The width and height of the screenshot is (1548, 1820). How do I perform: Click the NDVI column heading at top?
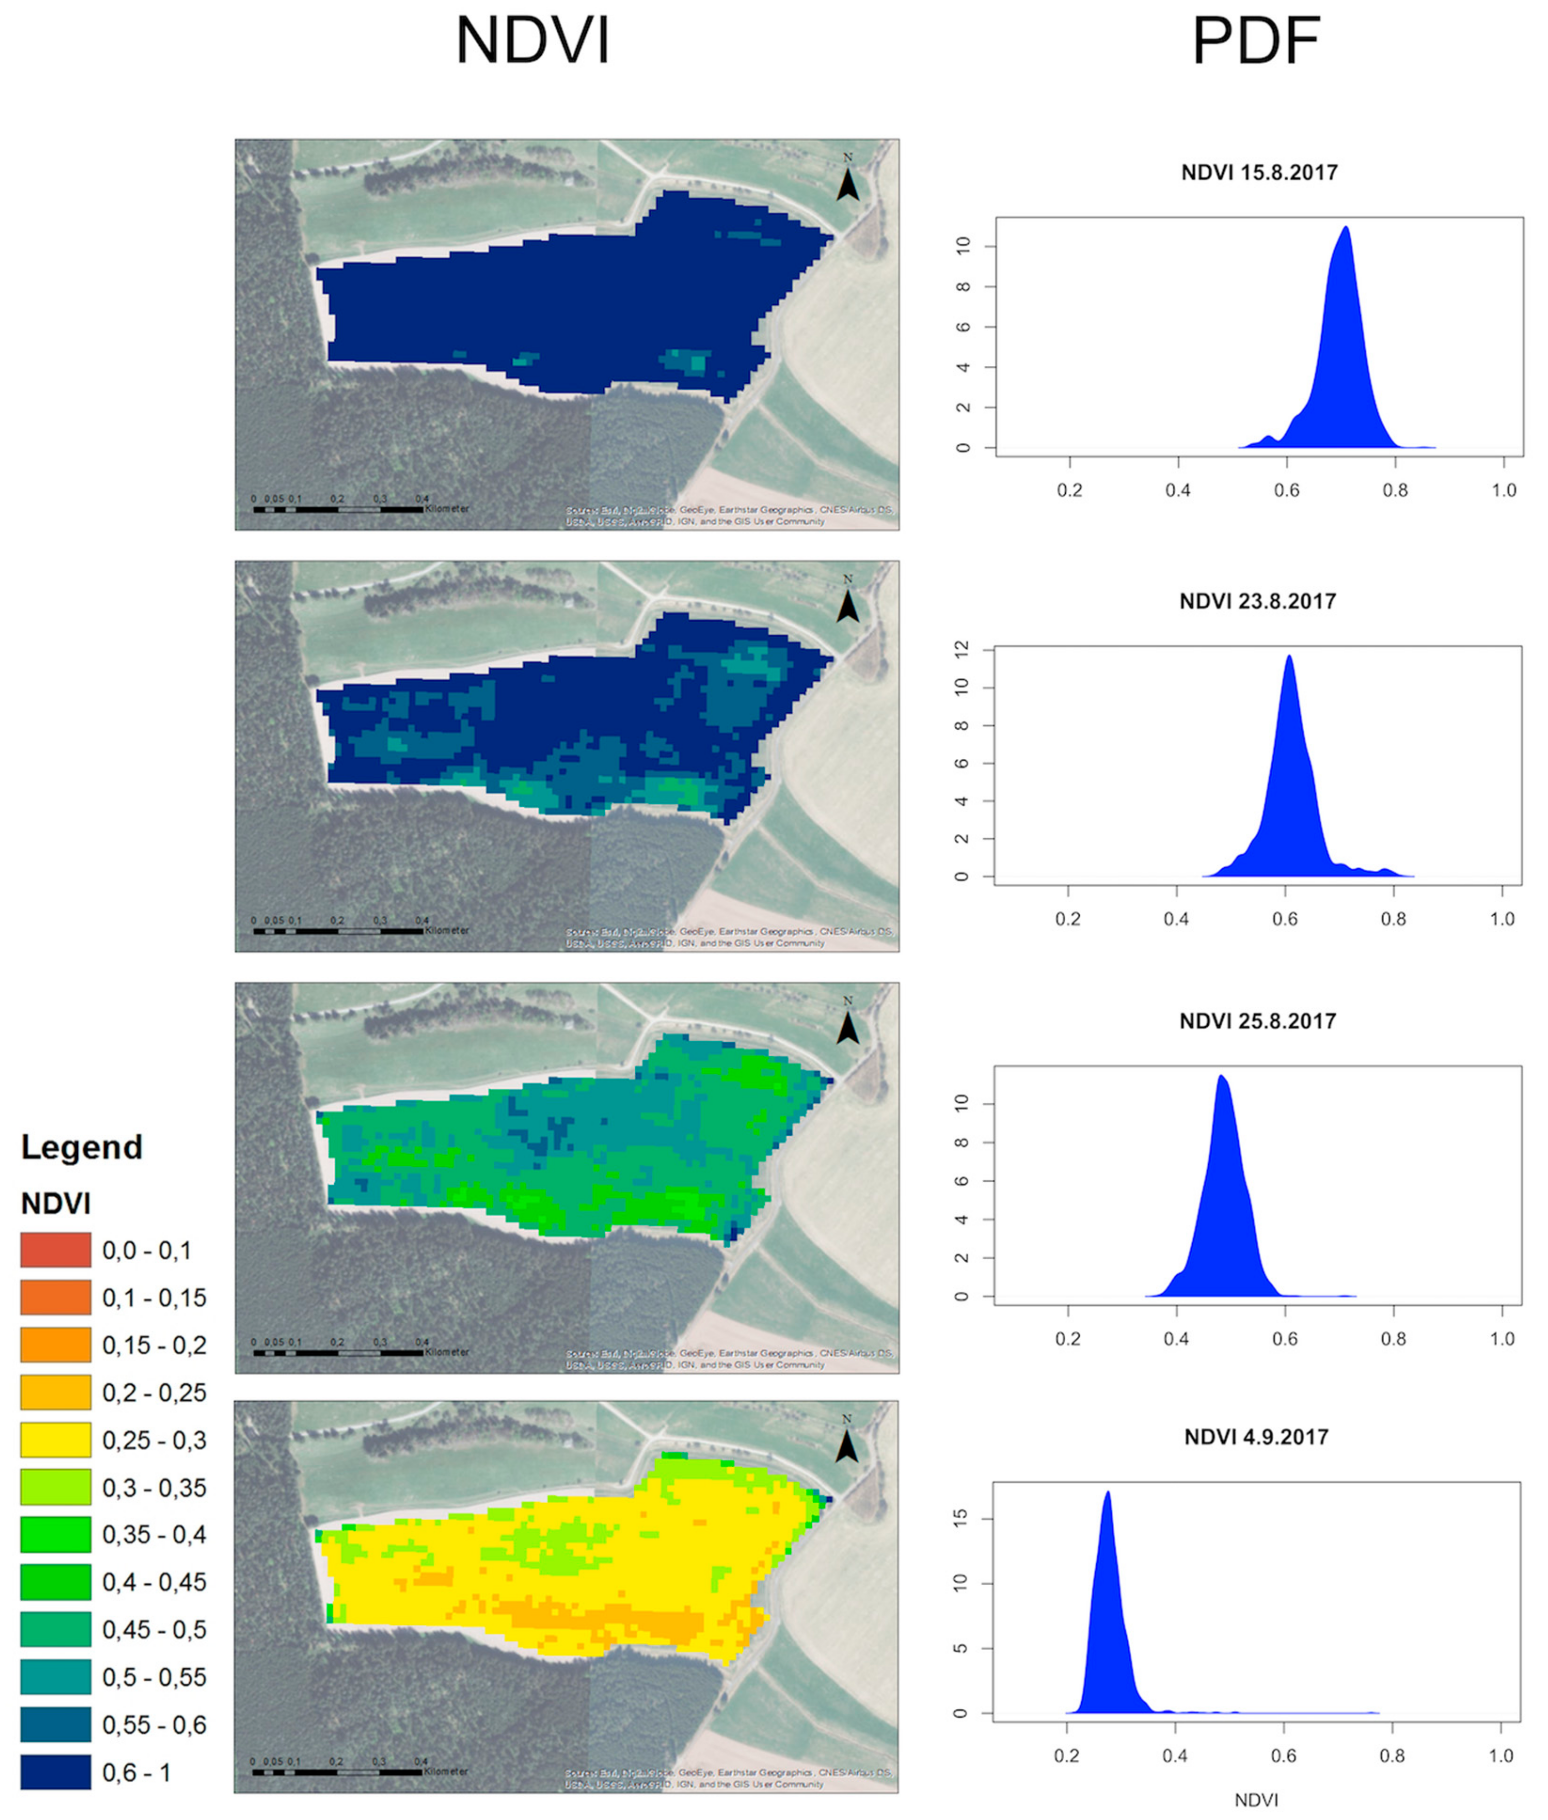(x=532, y=41)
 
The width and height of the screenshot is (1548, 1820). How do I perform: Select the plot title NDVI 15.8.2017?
(x=1259, y=172)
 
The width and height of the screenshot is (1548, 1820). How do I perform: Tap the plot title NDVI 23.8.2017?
(x=1257, y=601)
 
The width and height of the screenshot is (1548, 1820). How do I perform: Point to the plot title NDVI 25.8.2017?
(x=1257, y=1021)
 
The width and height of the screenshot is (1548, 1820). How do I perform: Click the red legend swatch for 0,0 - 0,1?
(x=55, y=1250)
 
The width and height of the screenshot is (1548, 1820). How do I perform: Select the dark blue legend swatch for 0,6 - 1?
(x=55, y=1772)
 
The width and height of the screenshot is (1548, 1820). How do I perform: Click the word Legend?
(x=81, y=1147)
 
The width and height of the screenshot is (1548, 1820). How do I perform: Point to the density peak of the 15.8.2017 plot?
(x=1345, y=227)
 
